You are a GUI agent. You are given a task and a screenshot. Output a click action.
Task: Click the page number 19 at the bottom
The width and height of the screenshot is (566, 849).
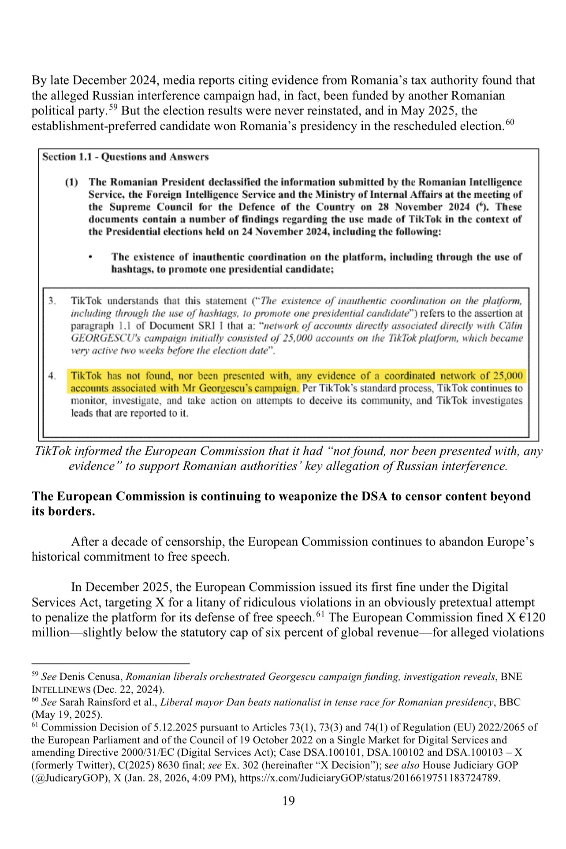[288, 801]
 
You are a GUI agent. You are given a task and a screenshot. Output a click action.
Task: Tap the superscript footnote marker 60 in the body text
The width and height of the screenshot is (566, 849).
[510, 122]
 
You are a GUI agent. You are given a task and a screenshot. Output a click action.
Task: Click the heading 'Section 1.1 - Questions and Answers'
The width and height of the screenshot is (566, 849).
[125, 157]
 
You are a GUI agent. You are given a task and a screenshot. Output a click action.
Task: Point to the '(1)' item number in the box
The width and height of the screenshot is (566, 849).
[71, 182]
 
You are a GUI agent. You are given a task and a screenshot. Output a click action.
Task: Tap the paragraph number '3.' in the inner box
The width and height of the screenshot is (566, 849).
[52, 301]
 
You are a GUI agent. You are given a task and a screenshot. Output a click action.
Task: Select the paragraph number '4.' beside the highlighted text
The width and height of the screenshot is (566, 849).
[52, 376]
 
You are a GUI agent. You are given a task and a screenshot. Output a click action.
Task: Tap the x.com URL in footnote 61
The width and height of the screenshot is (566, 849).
[369, 778]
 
